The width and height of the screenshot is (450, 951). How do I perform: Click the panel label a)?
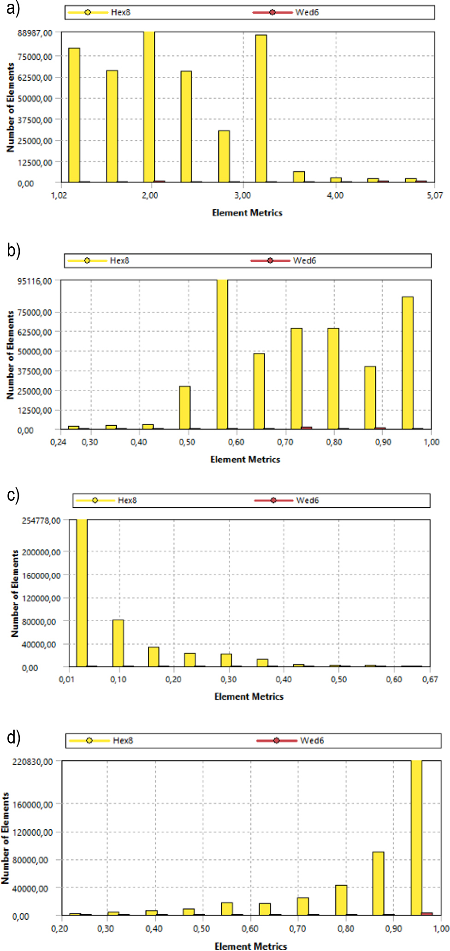click(x=13, y=9)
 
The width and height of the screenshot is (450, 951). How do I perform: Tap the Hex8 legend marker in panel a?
click(x=88, y=12)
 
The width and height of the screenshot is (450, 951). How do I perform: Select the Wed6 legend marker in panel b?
click(x=270, y=261)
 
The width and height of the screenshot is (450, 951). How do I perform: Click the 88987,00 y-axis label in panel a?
click(x=35, y=33)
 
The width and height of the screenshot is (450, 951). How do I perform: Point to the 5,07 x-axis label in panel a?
click(x=434, y=196)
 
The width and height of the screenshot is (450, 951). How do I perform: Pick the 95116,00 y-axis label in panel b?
click(x=35, y=281)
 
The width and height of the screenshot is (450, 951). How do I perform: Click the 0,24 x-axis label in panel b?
click(x=58, y=442)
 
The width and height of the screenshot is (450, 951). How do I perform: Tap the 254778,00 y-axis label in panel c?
click(x=41, y=521)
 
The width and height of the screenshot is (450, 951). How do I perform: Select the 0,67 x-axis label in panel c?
click(x=430, y=679)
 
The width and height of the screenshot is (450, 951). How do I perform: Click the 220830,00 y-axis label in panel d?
click(x=33, y=761)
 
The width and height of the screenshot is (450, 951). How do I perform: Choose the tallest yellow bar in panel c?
click(x=82, y=593)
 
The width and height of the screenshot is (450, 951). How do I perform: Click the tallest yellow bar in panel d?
click(x=416, y=838)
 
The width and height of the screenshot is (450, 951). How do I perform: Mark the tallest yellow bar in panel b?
click(x=222, y=354)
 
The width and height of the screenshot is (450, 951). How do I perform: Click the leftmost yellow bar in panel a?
click(x=74, y=115)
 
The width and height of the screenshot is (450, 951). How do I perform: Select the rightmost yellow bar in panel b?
click(x=408, y=363)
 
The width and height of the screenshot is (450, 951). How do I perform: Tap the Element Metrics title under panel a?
click(x=247, y=213)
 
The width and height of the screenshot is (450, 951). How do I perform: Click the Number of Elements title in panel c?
click(x=15, y=593)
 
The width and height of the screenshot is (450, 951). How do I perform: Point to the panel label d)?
click(x=13, y=737)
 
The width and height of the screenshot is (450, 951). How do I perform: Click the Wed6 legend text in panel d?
click(x=312, y=741)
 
